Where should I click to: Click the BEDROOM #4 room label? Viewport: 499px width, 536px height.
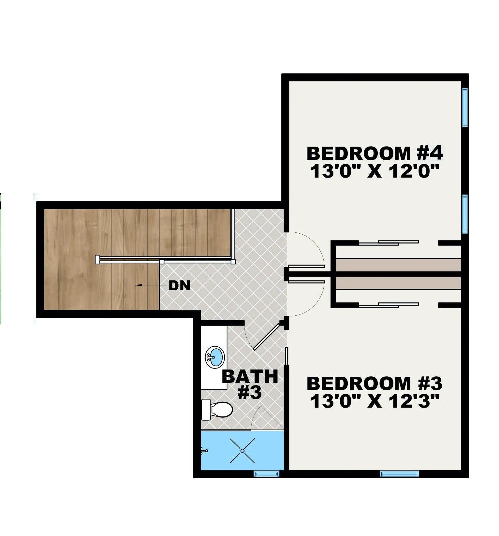[x=374, y=153]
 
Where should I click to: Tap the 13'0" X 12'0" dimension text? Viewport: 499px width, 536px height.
[x=375, y=171]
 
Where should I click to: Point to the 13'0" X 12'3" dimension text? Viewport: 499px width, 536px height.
[x=375, y=401]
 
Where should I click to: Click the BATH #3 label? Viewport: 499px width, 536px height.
[x=250, y=384]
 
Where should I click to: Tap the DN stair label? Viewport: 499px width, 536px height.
[x=180, y=286]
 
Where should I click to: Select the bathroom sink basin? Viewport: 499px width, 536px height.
[x=215, y=357]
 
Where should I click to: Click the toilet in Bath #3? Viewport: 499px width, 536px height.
[x=217, y=410]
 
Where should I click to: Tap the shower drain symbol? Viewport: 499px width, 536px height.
[x=242, y=451]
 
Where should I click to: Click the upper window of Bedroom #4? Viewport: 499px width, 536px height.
[x=465, y=107]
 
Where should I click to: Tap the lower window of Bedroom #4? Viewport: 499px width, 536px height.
[x=465, y=214]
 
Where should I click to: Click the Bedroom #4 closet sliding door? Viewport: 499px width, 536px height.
[x=389, y=243]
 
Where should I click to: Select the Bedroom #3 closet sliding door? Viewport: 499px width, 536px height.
[x=389, y=305]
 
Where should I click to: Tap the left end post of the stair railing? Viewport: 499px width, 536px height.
[x=97, y=259]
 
